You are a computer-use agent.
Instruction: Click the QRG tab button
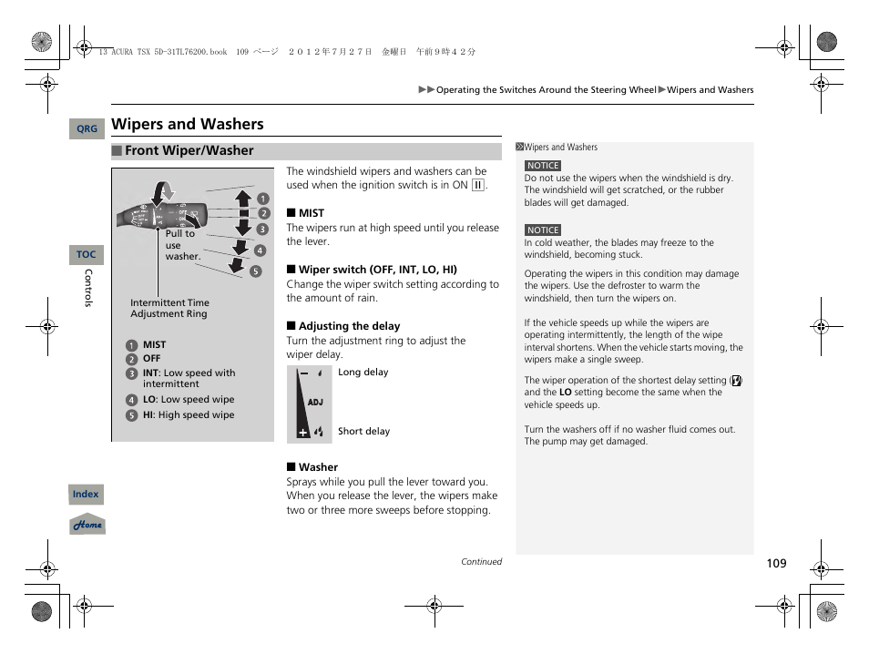click(x=87, y=129)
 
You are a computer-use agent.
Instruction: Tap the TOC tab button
click(x=87, y=255)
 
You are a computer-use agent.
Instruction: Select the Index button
click(x=86, y=495)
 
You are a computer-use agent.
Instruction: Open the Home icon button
click(x=87, y=525)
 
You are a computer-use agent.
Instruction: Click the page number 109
click(x=775, y=564)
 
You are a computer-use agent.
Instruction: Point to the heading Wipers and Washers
click(x=188, y=125)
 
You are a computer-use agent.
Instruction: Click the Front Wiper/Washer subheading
click(x=189, y=151)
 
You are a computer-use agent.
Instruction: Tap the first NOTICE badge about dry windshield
click(x=543, y=166)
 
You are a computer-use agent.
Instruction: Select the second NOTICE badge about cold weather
click(x=543, y=230)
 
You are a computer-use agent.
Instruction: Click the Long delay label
click(x=363, y=373)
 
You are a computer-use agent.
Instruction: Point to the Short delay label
click(x=363, y=432)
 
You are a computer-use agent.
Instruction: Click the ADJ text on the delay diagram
click(x=315, y=402)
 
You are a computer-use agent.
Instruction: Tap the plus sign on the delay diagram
click(x=303, y=433)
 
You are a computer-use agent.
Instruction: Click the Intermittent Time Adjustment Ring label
click(x=169, y=309)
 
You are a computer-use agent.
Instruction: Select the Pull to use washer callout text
click(x=181, y=245)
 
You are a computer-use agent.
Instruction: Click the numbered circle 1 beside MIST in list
click(x=131, y=345)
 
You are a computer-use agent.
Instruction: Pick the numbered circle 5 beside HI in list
click(x=131, y=415)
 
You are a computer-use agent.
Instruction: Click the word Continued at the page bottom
click(x=481, y=562)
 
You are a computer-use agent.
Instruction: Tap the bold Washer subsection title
click(x=318, y=467)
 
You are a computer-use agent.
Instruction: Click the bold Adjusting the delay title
click(x=349, y=326)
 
